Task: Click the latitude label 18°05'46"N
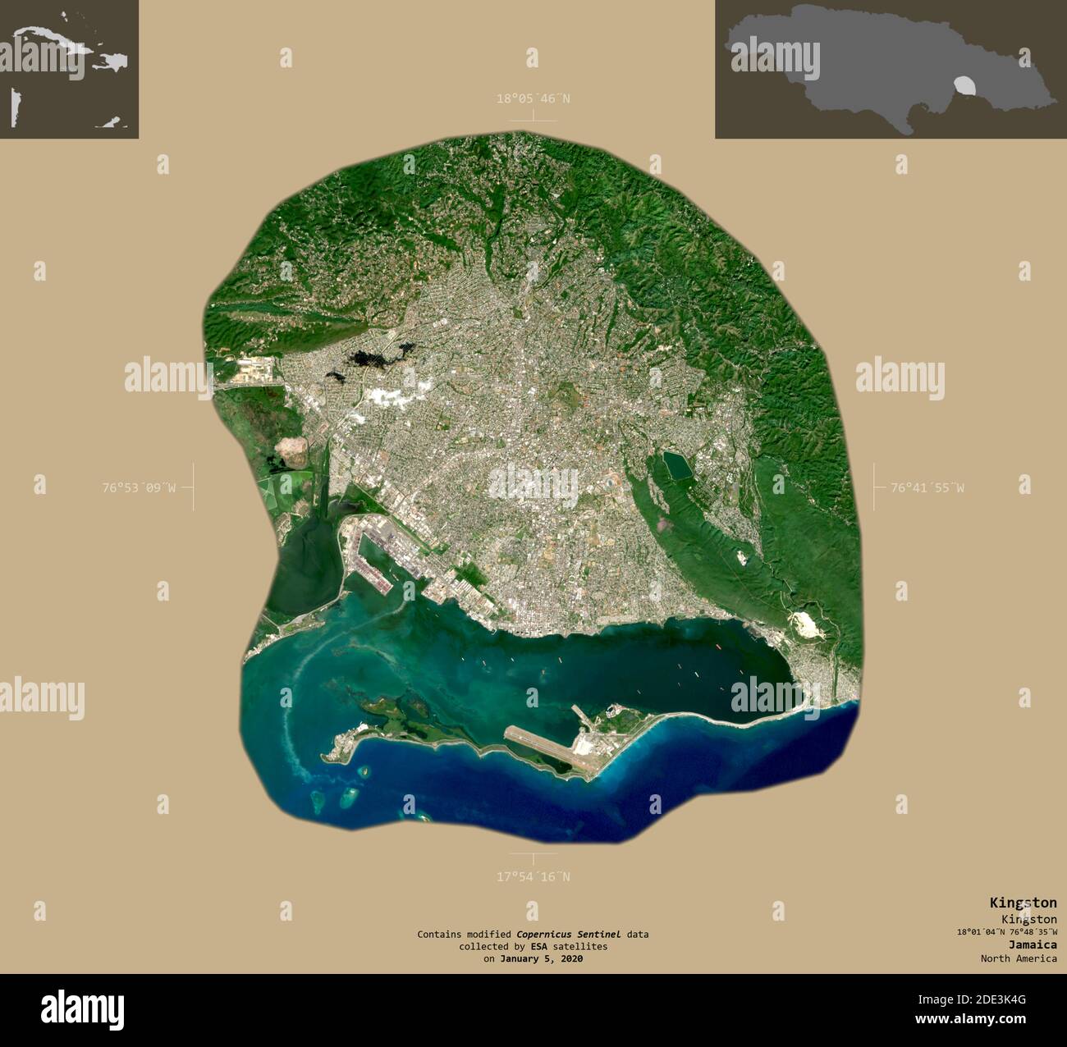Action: (x=533, y=99)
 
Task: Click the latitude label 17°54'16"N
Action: (x=533, y=876)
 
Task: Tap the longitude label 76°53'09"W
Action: (x=139, y=487)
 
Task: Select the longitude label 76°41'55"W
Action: (x=927, y=487)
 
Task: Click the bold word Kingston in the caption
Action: (x=1023, y=903)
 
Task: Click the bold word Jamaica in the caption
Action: (x=1033, y=944)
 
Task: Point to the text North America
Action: (x=1019, y=958)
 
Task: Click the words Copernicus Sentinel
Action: (x=568, y=934)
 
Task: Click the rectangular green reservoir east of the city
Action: (x=678, y=465)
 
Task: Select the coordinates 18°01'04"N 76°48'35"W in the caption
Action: (x=1006, y=931)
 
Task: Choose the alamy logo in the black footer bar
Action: (x=82, y=1008)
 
